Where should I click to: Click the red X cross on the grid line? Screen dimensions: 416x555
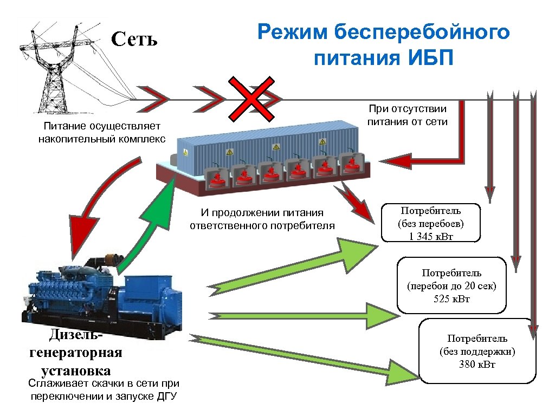[x=251, y=98]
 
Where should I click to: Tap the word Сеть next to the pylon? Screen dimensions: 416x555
[x=134, y=39]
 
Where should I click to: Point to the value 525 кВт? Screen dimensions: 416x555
[x=451, y=298]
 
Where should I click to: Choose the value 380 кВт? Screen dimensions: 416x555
[x=477, y=364]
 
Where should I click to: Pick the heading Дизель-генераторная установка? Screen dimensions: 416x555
[x=75, y=353]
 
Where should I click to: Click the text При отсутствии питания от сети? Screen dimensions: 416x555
[x=408, y=115]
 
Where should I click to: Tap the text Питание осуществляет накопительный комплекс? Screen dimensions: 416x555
[x=101, y=133]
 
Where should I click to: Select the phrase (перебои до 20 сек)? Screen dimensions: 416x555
[x=451, y=285]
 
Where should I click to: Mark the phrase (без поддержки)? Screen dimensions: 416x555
[x=477, y=352]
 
